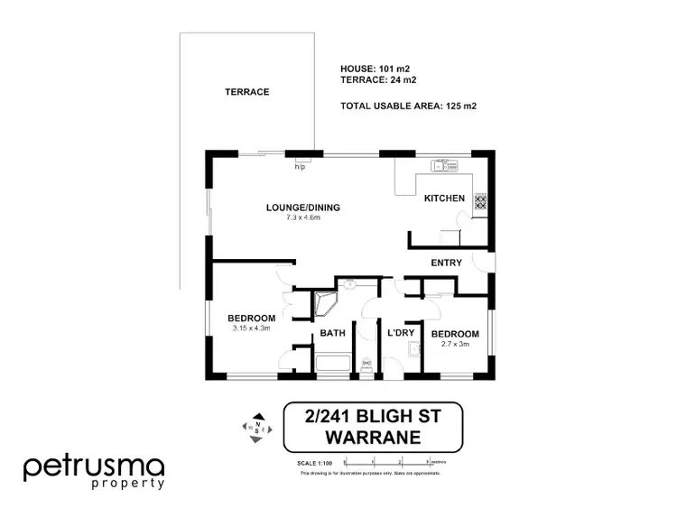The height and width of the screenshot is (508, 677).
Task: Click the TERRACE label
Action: point(246,92)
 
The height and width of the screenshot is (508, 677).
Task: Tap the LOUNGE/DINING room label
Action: point(302,208)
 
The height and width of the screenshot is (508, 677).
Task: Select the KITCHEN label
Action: point(444,199)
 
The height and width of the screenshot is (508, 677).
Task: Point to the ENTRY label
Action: point(447,263)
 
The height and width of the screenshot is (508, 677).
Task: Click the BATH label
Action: point(333,334)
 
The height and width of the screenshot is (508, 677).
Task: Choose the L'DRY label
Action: point(400,334)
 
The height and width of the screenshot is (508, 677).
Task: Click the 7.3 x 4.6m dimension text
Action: point(302,217)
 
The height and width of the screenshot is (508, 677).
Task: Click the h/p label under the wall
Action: point(300,167)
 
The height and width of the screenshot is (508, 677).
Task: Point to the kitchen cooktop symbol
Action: point(480,202)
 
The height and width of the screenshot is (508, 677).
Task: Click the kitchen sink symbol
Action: point(446,165)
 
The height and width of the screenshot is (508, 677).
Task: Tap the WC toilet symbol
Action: point(366,365)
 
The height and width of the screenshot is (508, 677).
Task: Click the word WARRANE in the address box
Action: point(373,438)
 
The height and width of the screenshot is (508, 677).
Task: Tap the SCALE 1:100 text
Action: point(314,463)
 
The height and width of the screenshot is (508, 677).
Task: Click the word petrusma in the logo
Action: point(93,466)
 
